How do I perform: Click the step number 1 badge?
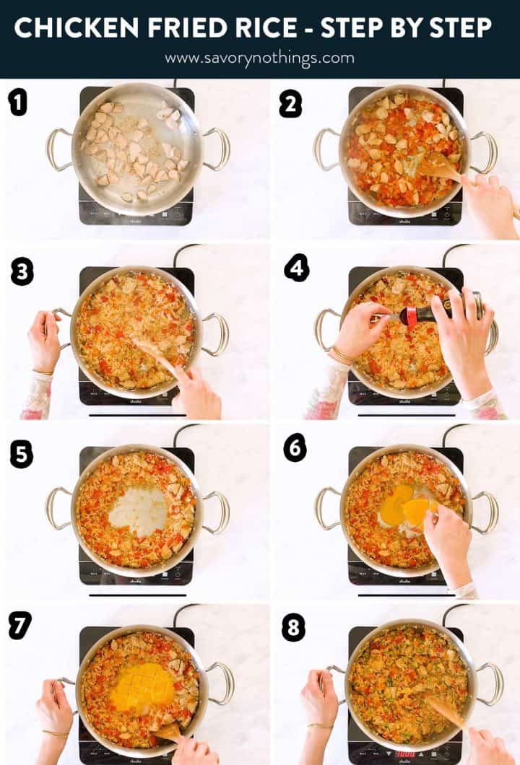tap(18, 102)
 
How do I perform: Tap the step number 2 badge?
tap(290, 105)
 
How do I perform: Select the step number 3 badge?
tap(22, 272)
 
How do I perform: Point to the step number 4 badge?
tap(296, 268)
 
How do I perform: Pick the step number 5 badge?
tap(21, 455)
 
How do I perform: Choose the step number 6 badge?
tap(295, 448)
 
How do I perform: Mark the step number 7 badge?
tap(20, 624)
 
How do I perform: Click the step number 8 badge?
tap(293, 627)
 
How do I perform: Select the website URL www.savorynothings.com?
tap(259, 58)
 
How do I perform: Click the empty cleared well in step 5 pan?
tap(137, 510)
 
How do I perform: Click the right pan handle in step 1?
tap(217, 149)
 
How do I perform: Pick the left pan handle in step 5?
tap(58, 508)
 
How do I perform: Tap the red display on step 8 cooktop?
tap(405, 753)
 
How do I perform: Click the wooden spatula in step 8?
tap(446, 712)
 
